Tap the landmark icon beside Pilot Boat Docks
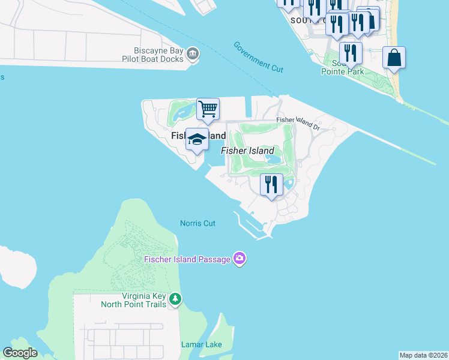click(x=193, y=55)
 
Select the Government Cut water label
click(x=258, y=57)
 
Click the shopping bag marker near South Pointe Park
click(x=394, y=58)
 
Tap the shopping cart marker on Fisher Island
click(x=208, y=109)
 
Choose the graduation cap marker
click(x=197, y=140)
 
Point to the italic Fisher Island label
click(x=247, y=151)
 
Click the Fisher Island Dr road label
click(x=298, y=122)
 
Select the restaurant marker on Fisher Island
click(x=271, y=185)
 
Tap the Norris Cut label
click(x=197, y=223)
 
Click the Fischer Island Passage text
click(x=187, y=259)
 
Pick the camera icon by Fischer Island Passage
click(x=240, y=259)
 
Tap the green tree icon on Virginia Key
click(x=175, y=299)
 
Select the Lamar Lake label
click(x=202, y=344)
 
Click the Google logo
click(x=20, y=353)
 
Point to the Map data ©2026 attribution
click(x=423, y=355)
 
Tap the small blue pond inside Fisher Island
click(x=274, y=160)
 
